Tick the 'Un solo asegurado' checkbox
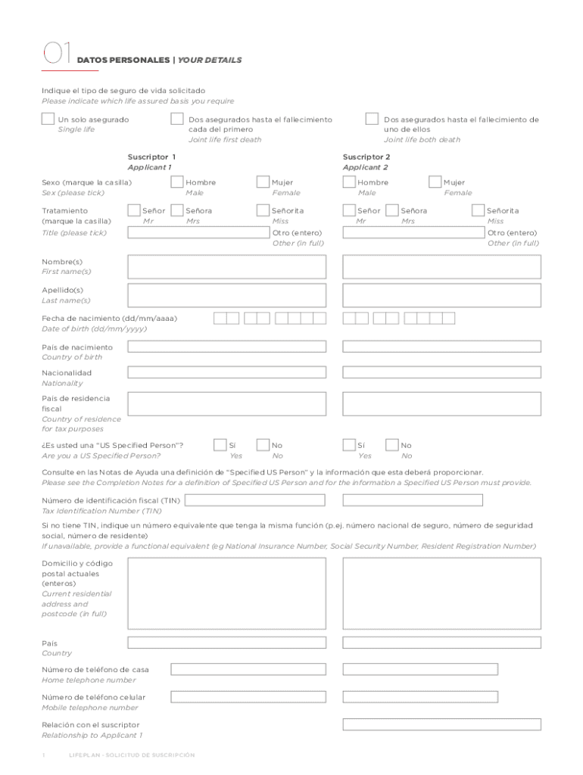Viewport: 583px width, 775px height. click(x=48, y=119)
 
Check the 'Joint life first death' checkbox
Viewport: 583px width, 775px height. click(x=176, y=119)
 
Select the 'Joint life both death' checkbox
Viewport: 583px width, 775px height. click(x=372, y=119)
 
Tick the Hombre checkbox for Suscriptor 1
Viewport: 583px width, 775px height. click(x=176, y=182)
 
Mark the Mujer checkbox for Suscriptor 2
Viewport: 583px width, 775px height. click(x=435, y=182)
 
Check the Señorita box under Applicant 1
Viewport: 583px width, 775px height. click(x=263, y=210)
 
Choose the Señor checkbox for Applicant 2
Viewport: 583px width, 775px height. click(x=349, y=210)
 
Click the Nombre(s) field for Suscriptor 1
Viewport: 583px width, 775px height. click(x=227, y=266)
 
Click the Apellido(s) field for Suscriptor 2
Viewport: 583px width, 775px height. click(x=441, y=295)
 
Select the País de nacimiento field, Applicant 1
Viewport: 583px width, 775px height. click(x=227, y=347)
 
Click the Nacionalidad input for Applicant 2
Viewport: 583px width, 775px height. click(x=441, y=372)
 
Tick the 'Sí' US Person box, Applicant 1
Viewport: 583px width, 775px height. click(x=220, y=445)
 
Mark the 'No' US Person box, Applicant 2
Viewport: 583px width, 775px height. click(x=391, y=445)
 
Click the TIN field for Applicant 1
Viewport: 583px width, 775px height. click(x=255, y=500)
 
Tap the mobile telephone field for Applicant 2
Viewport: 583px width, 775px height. click(x=420, y=696)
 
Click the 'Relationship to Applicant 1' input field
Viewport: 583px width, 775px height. click(x=441, y=724)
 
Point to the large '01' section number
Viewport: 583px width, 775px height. click(x=56, y=53)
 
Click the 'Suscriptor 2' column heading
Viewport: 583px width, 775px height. click(x=366, y=157)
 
